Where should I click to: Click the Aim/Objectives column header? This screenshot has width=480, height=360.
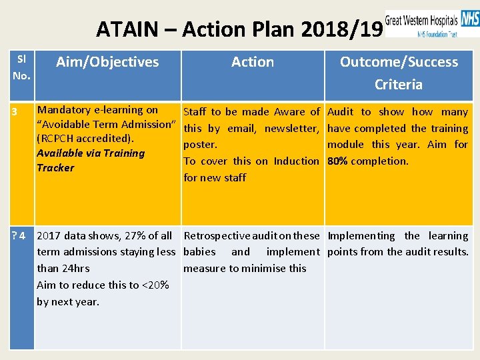(x=107, y=62)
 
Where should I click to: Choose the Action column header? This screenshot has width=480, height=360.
(x=252, y=62)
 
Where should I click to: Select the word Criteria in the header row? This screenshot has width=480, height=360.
(x=398, y=84)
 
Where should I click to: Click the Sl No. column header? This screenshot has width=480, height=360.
(x=21, y=67)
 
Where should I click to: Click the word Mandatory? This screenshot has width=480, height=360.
(x=64, y=110)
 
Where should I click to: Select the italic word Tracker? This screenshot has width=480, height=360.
(x=55, y=167)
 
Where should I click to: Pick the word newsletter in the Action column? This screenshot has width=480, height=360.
(x=292, y=128)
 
